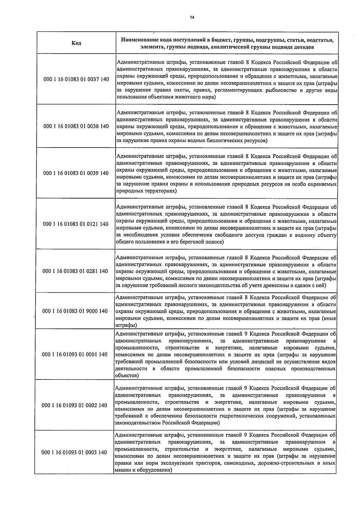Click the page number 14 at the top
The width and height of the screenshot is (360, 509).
[x=192, y=17]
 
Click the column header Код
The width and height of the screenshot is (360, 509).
[x=76, y=43]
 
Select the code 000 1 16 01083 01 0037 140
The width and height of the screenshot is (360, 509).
[x=76, y=79]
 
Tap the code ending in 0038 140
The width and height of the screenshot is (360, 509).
[x=76, y=126]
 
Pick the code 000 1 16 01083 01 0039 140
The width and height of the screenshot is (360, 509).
[x=76, y=173]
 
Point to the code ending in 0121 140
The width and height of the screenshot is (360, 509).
[x=76, y=224]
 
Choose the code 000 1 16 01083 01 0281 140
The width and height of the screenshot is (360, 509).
[x=76, y=271]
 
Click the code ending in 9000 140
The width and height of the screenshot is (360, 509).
[x=75, y=311]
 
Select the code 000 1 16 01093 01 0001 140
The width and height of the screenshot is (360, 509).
[x=75, y=355]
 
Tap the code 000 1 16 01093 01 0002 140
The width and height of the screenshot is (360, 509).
[x=75, y=406]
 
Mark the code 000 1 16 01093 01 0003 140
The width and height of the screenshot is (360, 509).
[x=74, y=452]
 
